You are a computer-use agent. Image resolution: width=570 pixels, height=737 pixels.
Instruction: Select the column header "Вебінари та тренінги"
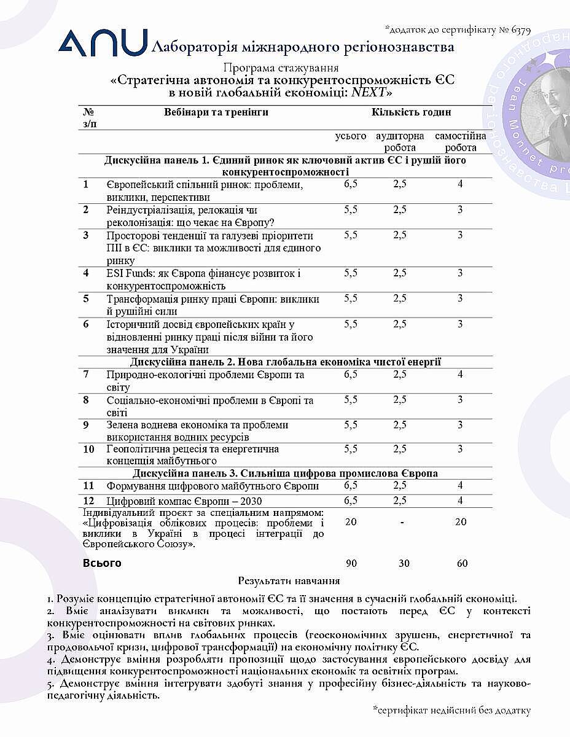216,112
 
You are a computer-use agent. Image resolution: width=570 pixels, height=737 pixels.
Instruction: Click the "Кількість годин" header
411,112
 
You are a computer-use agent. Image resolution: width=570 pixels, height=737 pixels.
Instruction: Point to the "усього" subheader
350,136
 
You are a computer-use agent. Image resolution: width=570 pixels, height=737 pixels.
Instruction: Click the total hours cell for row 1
350,184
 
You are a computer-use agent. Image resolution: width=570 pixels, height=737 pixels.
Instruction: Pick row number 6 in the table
87,324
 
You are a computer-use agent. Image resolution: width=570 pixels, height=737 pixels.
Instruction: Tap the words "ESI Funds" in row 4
127,273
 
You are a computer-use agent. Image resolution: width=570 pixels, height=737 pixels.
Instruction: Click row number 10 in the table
88,449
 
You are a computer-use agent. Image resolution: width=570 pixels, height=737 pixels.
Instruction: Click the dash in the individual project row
400,522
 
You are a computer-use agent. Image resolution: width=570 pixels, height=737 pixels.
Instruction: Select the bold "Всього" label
102,563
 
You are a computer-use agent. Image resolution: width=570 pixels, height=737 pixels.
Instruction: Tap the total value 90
351,563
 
